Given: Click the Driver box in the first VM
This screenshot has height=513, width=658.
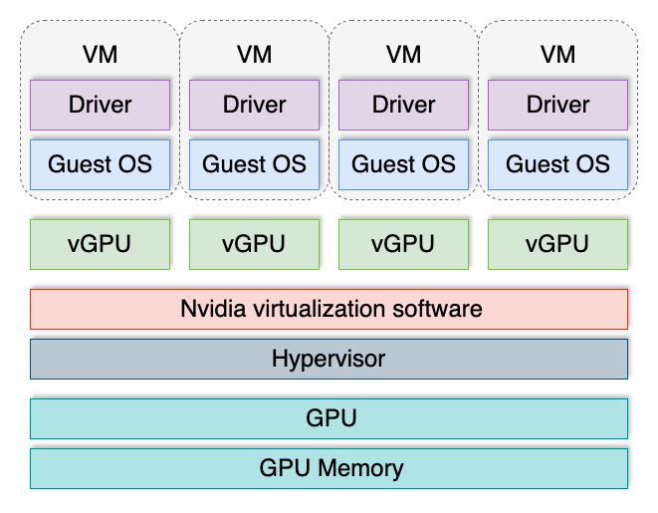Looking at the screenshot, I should (x=100, y=105).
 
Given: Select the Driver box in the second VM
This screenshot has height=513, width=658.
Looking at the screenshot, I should (x=254, y=105).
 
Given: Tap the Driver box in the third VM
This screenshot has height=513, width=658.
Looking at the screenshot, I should (x=403, y=105).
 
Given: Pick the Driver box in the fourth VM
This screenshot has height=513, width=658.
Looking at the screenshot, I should (x=557, y=105).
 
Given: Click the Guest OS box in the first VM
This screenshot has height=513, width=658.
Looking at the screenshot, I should (x=100, y=164).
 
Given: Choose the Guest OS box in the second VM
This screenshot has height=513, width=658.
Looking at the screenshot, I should (x=254, y=164).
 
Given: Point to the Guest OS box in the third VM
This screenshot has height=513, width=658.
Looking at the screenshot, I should (x=403, y=164).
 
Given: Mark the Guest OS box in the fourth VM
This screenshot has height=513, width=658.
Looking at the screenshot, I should (x=557, y=164).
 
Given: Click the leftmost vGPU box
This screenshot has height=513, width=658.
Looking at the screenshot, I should (x=100, y=244).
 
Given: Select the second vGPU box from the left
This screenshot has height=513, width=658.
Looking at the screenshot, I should (x=254, y=244).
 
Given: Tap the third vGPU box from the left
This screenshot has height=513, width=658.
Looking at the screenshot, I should (x=403, y=244).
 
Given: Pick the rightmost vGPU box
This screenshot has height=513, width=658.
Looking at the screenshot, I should (x=557, y=244).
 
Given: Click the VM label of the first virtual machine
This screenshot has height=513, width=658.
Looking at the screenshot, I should (x=100, y=54).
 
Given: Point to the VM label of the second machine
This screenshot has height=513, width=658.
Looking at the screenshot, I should (x=254, y=54).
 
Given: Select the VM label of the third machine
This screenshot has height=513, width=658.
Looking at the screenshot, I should (x=403, y=54).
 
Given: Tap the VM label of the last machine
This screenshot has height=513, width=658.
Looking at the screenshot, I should (x=557, y=54).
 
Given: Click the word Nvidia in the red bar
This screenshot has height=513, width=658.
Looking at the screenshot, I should (x=208, y=309).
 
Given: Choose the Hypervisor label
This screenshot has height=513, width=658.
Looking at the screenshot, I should (x=329, y=359).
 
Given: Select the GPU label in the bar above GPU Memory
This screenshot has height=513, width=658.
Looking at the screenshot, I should (x=329, y=418).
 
